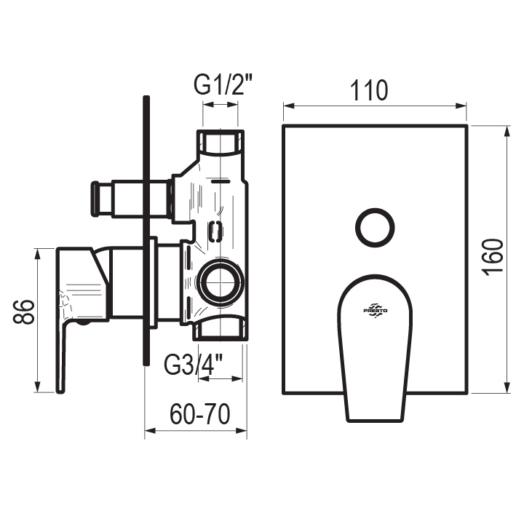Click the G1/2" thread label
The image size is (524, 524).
(223, 86)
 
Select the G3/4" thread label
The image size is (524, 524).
(194, 365)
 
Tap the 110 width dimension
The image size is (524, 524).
(369, 90)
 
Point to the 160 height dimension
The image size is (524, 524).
(493, 258)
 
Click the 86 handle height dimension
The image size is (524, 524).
(24, 311)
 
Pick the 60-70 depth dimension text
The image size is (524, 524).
(200, 414)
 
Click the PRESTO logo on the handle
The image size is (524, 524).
(376, 311)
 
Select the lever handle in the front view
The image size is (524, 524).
(375, 348)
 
